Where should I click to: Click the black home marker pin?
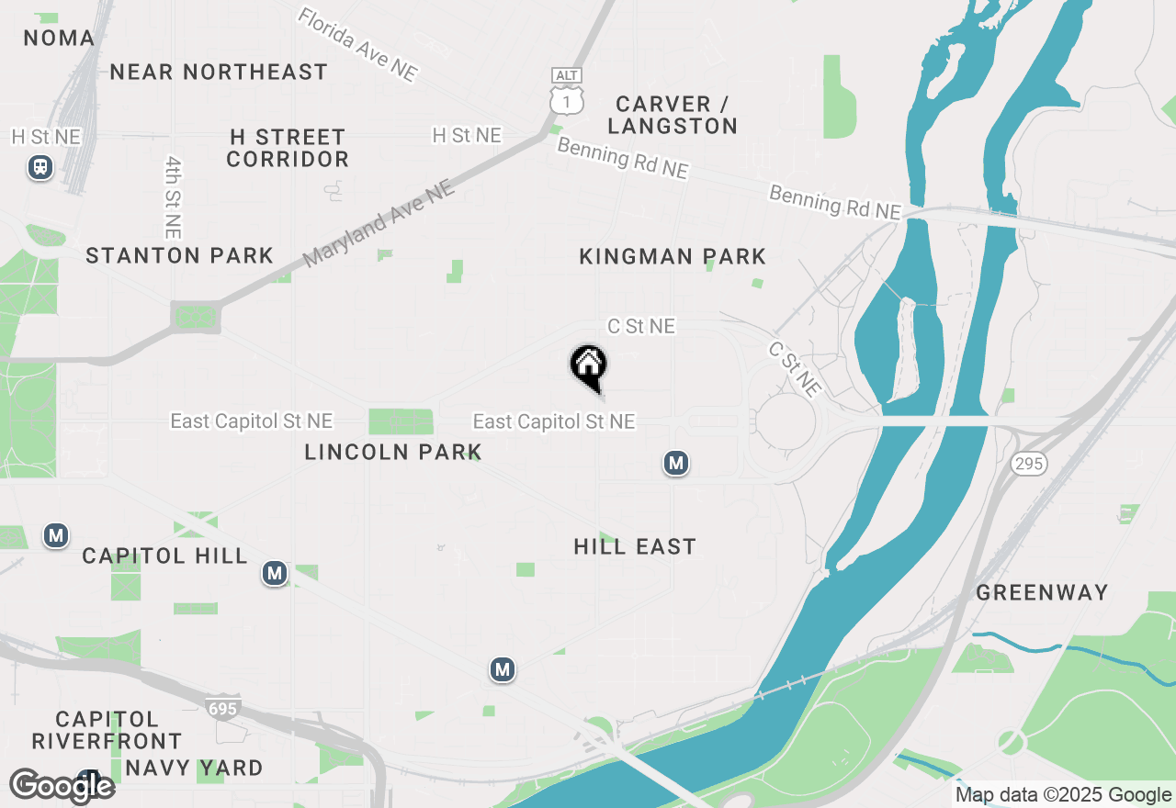[588, 365]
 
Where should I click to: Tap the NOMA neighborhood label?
[59, 38]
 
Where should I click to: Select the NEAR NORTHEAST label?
[219, 72]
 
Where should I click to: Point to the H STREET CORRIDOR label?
[288, 148]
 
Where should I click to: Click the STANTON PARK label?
[180, 255]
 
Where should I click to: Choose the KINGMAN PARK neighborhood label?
[673, 256]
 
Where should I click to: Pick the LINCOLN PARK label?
[393, 452]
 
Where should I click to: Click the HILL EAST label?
[635, 547]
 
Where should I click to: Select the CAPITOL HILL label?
[164, 555]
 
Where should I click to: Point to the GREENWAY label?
[1042, 592]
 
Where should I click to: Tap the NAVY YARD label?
[194, 768]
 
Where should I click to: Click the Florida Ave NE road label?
[358, 45]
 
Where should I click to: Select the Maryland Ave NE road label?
[379, 223]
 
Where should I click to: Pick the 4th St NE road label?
[174, 196]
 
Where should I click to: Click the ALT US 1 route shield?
[567, 92]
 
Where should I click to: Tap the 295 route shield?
[1028, 464]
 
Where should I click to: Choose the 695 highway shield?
[222, 709]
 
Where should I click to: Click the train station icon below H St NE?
[40, 167]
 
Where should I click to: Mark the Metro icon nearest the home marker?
[676, 464]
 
